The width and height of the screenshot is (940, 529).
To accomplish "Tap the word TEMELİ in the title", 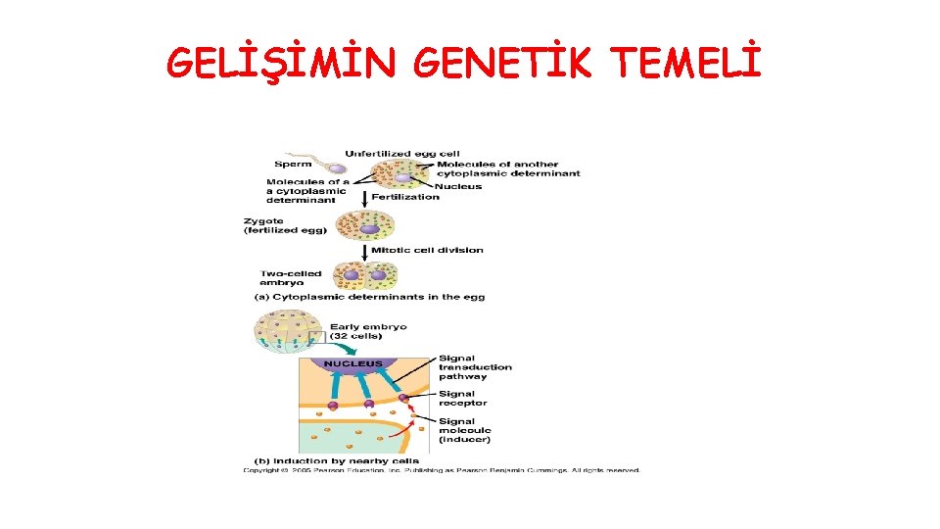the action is click(x=685, y=65).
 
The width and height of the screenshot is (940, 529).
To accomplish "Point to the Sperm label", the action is click(x=293, y=164).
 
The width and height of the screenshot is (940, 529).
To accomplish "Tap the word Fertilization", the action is click(x=405, y=197).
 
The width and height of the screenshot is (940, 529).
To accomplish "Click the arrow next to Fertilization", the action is click(x=365, y=198).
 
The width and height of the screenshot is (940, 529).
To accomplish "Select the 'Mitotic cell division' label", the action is click(x=427, y=250).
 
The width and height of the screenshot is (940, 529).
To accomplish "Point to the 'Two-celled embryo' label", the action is click(x=289, y=278).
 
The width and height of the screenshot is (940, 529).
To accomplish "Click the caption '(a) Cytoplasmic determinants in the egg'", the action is click(x=369, y=297).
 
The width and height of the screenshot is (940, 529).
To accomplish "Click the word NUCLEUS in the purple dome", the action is click(x=352, y=363).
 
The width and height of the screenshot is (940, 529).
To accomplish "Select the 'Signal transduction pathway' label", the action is click(x=475, y=367).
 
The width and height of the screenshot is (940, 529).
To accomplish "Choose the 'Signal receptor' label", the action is click(x=462, y=398).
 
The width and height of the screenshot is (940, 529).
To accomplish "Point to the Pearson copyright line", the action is click(x=442, y=470).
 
